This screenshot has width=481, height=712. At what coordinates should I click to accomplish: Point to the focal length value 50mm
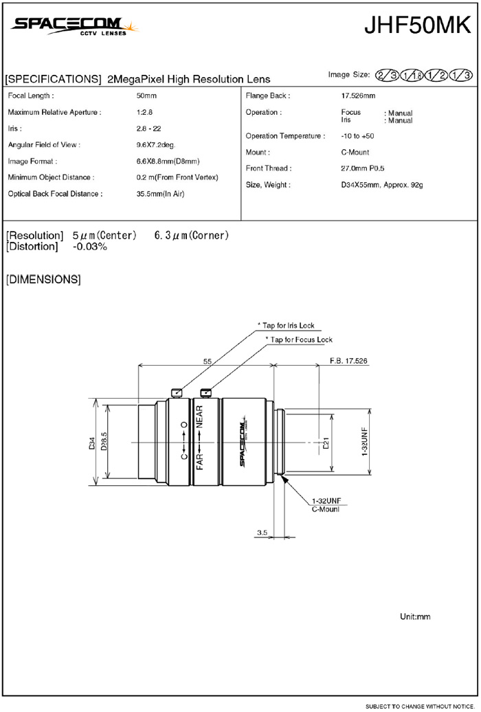pos(146,96)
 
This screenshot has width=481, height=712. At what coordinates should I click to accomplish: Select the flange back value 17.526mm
pos(358,96)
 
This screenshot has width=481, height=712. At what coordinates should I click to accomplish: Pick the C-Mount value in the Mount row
pos(355,153)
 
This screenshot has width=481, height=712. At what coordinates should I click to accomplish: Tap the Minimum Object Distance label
pos(51,177)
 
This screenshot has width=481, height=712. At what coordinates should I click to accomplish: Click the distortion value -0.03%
pos(90,247)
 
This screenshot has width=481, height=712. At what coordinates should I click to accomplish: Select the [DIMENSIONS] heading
pos(43,280)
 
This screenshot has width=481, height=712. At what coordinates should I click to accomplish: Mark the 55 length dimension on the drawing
pos(207,359)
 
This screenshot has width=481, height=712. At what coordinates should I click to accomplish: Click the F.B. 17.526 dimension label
pos(348,360)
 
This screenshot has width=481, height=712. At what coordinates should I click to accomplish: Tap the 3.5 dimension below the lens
pos(262,533)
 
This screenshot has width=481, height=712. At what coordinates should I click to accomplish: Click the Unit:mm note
pos(415,617)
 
